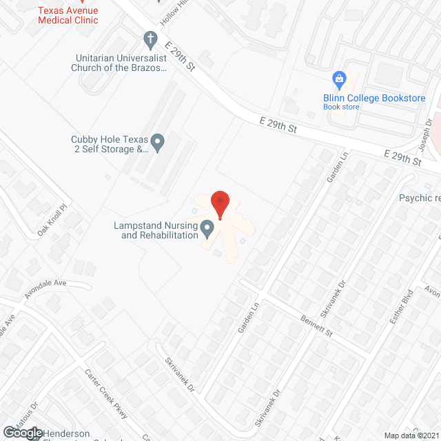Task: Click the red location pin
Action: (220, 204)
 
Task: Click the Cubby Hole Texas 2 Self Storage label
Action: (110, 143)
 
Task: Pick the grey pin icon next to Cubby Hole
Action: (158, 143)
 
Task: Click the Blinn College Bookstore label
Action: (374, 99)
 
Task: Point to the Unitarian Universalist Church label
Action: (119, 63)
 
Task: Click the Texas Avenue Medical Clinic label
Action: (68, 15)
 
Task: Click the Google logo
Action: (22, 433)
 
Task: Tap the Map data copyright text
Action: (411, 435)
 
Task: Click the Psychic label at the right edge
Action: (418, 198)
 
